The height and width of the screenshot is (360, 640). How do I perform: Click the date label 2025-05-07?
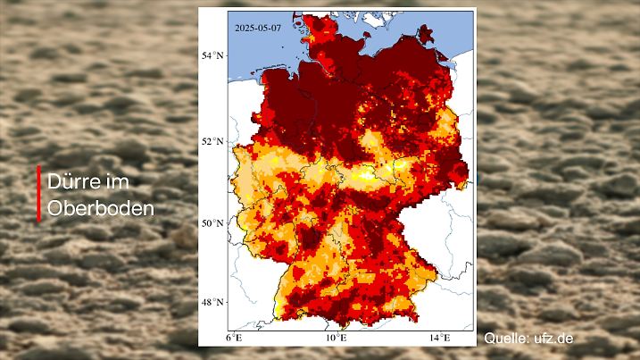coord(257,27)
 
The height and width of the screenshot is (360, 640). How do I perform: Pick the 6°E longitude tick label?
coord(235,338)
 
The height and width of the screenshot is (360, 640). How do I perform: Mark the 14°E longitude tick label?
coord(437,338)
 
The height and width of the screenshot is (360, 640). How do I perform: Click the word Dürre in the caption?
coord(76,181)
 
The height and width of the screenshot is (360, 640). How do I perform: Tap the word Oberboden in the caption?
coord(100,208)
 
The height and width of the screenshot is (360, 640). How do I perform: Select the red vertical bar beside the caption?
coord(39,193)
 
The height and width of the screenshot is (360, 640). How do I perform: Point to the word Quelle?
coord(505,339)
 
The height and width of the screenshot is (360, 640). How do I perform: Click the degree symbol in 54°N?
coord(215,53)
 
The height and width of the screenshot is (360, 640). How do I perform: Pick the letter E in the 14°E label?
coord(445,338)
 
